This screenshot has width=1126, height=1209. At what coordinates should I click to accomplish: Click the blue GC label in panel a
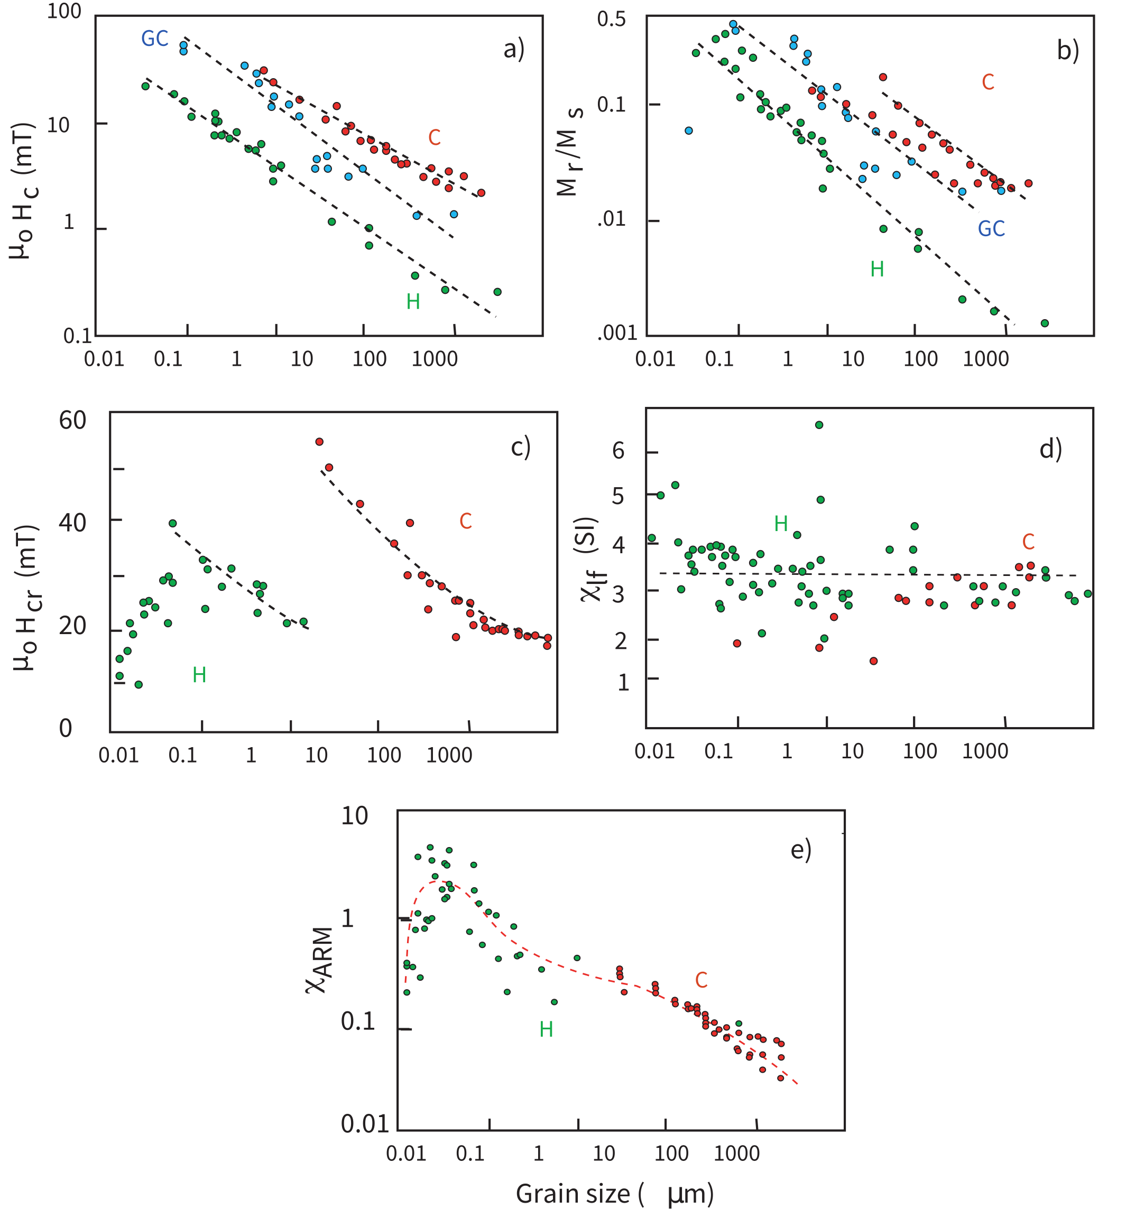[154, 39]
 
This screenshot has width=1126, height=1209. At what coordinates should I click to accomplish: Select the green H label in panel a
[413, 302]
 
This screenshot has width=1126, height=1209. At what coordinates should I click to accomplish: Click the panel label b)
[1068, 51]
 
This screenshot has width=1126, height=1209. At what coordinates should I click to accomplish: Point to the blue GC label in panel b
[991, 229]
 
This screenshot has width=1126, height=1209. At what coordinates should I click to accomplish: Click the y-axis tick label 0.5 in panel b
[611, 20]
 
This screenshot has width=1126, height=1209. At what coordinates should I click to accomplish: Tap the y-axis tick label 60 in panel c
[72, 421]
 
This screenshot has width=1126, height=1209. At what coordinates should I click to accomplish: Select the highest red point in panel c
[319, 442]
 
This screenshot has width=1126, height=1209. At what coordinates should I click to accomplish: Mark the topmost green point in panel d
[819, 425]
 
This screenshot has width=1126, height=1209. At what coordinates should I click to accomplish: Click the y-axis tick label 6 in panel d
[618, 451]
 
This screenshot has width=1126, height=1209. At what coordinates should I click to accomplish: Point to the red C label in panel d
[1028, 542]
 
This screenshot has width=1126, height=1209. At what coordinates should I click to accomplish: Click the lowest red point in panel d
[873, 661]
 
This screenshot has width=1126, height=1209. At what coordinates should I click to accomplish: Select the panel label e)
[800, 849]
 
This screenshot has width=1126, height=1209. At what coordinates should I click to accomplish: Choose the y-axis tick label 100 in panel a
[64, 12]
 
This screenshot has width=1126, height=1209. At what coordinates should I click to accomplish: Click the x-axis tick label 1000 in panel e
[737, 1153]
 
